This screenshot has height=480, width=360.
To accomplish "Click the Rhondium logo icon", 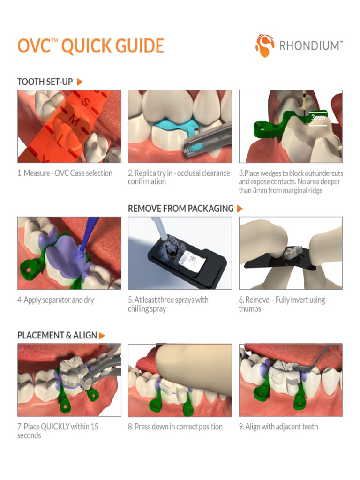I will tap(265, 45).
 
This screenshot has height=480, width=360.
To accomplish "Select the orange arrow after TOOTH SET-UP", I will tap(80, 82).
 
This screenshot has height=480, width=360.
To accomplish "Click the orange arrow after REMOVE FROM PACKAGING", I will tap(240, 209).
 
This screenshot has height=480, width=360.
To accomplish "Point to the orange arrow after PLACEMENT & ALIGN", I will tap(102, 336).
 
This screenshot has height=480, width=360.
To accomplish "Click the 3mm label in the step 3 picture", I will tap(318, 118).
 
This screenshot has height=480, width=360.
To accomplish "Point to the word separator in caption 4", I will tap(61, 300).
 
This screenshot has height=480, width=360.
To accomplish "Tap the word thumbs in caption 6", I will tap(250, 309).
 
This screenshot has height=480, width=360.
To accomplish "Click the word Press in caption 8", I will tap(144, 427).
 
